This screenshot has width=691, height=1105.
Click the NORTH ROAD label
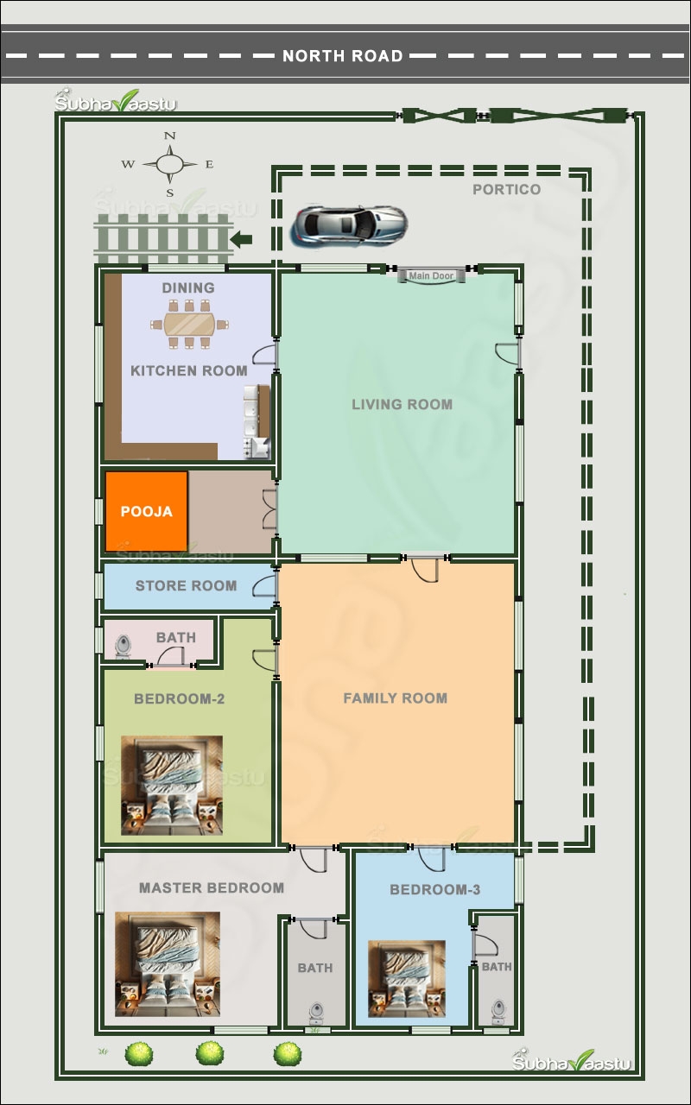point(343,56)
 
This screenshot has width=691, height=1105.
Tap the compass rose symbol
point(169,163)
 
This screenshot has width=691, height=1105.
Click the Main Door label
point(431,276)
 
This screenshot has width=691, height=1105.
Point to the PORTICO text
point(506,190)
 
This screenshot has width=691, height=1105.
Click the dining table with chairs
point(189,325)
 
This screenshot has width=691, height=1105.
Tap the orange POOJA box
point(146,511)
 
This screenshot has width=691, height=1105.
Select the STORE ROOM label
point(186,586)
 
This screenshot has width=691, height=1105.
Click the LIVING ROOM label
point(402,404)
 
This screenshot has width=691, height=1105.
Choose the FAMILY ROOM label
point(395,698)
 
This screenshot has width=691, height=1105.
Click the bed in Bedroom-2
point(171,786)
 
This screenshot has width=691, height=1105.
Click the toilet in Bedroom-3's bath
point(498,1009)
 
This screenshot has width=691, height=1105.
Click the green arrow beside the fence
point(244,239)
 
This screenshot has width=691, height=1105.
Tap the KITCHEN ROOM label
point(188,371)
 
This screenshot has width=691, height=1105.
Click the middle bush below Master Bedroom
point(210,1052)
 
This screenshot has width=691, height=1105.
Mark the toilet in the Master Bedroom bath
point(315,1010)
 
